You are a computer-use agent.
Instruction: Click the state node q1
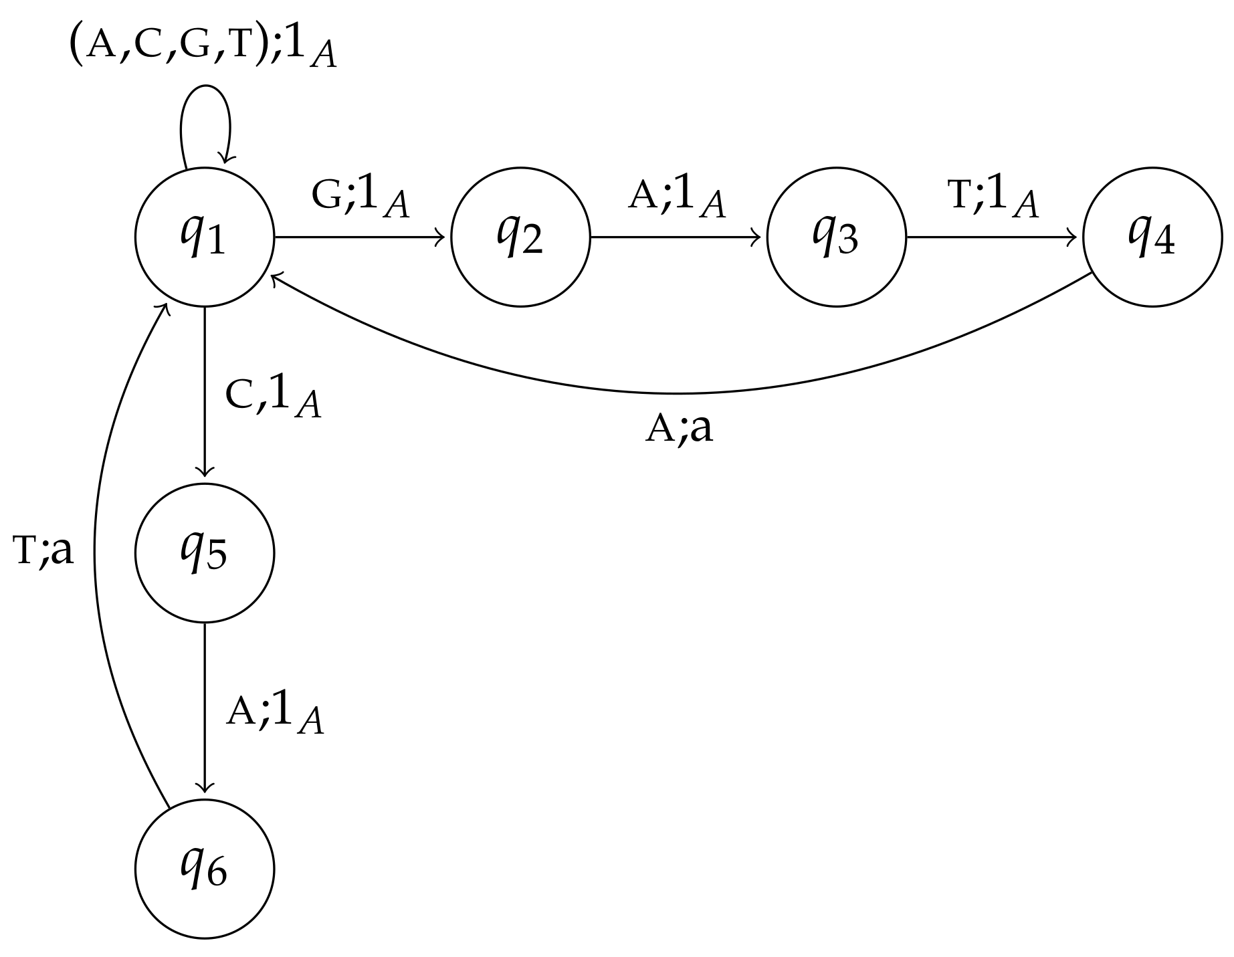[x=205, y=237]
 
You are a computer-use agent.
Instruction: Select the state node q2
[x=520, y=237]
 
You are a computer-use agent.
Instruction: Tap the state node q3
[x=836, y=237]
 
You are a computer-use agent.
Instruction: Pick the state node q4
[x=1152, y=237]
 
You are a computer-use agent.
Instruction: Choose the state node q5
[x=205, y=552]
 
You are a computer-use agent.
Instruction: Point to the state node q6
[x=205, y=869]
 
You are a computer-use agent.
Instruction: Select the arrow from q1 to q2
[x=361, y=237]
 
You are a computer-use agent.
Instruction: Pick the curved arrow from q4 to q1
[x=676, y=393]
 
